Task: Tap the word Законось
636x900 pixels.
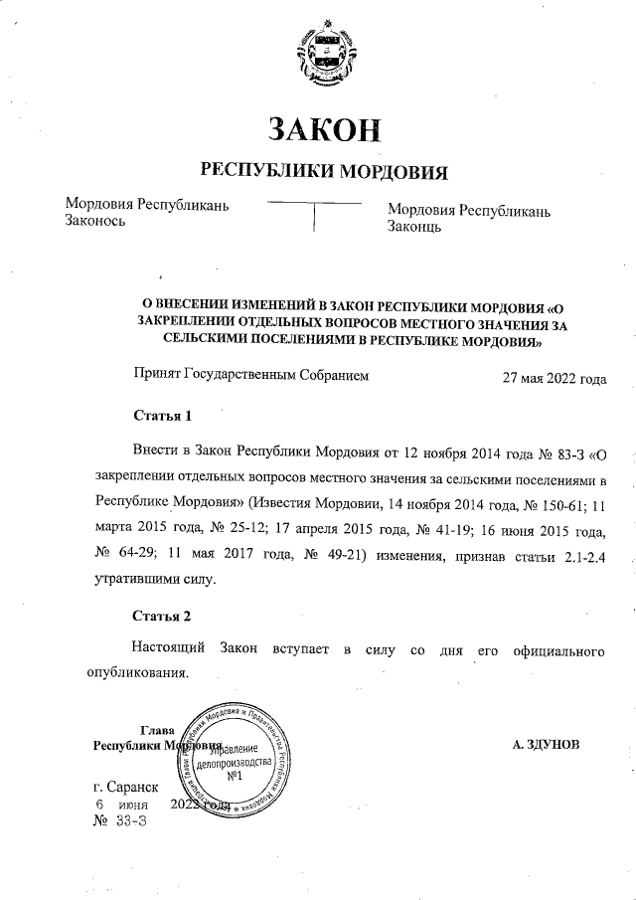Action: pos(95,223)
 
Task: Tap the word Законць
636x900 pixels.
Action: pos(414,228)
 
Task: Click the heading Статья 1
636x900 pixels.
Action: pos(161,414)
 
